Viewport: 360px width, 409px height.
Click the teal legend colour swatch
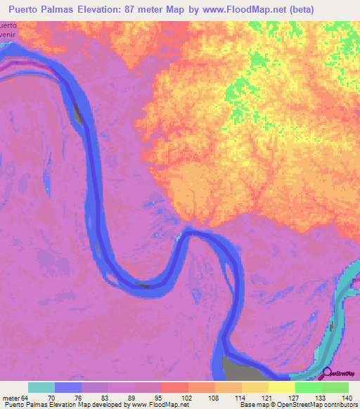coord(41,387)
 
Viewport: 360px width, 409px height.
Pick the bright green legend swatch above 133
coord(308,387)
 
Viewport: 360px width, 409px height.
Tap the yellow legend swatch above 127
coord(281,387)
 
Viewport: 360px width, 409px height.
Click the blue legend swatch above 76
coord(68,387)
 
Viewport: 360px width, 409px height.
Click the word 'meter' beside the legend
coord(11,397)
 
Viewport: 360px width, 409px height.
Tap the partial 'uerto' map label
coord(8,24)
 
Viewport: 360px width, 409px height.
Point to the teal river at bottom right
coord(330,330)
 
